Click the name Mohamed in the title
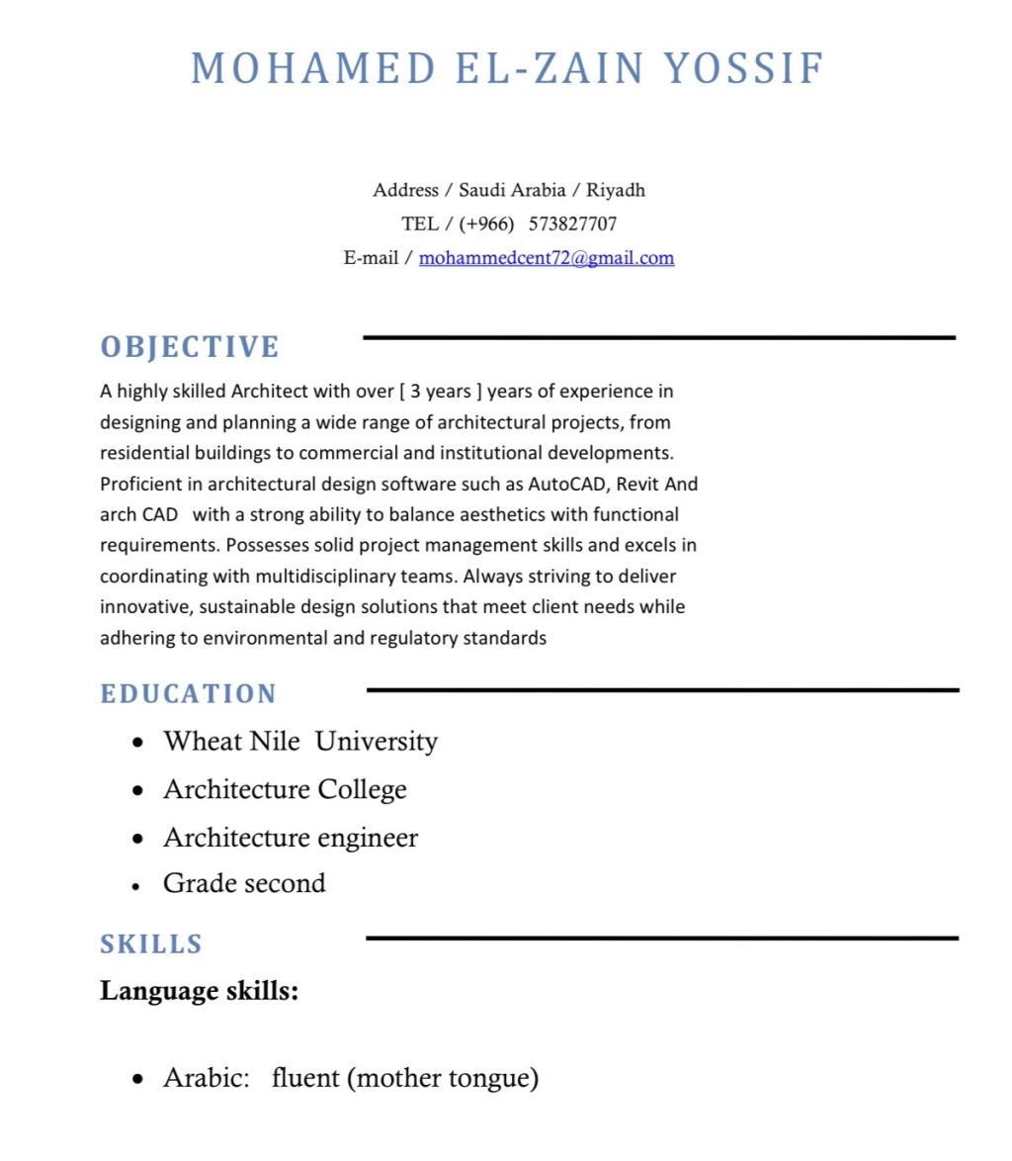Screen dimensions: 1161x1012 pos(312,68)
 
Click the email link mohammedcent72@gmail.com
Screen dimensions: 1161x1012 pos(547,258)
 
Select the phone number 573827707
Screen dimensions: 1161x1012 pos(573,223)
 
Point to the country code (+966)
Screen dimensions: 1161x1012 pos(486,223)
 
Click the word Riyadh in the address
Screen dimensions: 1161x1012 pos(616,190)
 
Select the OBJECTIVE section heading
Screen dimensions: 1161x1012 pos(190,347)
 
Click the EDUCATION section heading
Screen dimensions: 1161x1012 pos(189,694)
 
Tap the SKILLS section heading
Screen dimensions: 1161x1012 pos(151,944)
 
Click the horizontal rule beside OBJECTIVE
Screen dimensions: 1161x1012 pos(659,338)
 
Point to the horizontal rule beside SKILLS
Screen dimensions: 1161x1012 pos(662,938)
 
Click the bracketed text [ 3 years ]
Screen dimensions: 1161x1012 pos(440,392)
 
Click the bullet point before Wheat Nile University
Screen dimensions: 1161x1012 pos(138,742)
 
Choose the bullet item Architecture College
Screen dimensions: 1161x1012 pos(285,789)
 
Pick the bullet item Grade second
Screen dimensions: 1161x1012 pos(244,883)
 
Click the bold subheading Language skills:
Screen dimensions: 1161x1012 pos(200,990)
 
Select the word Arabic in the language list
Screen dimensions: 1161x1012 pos(205,1077)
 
